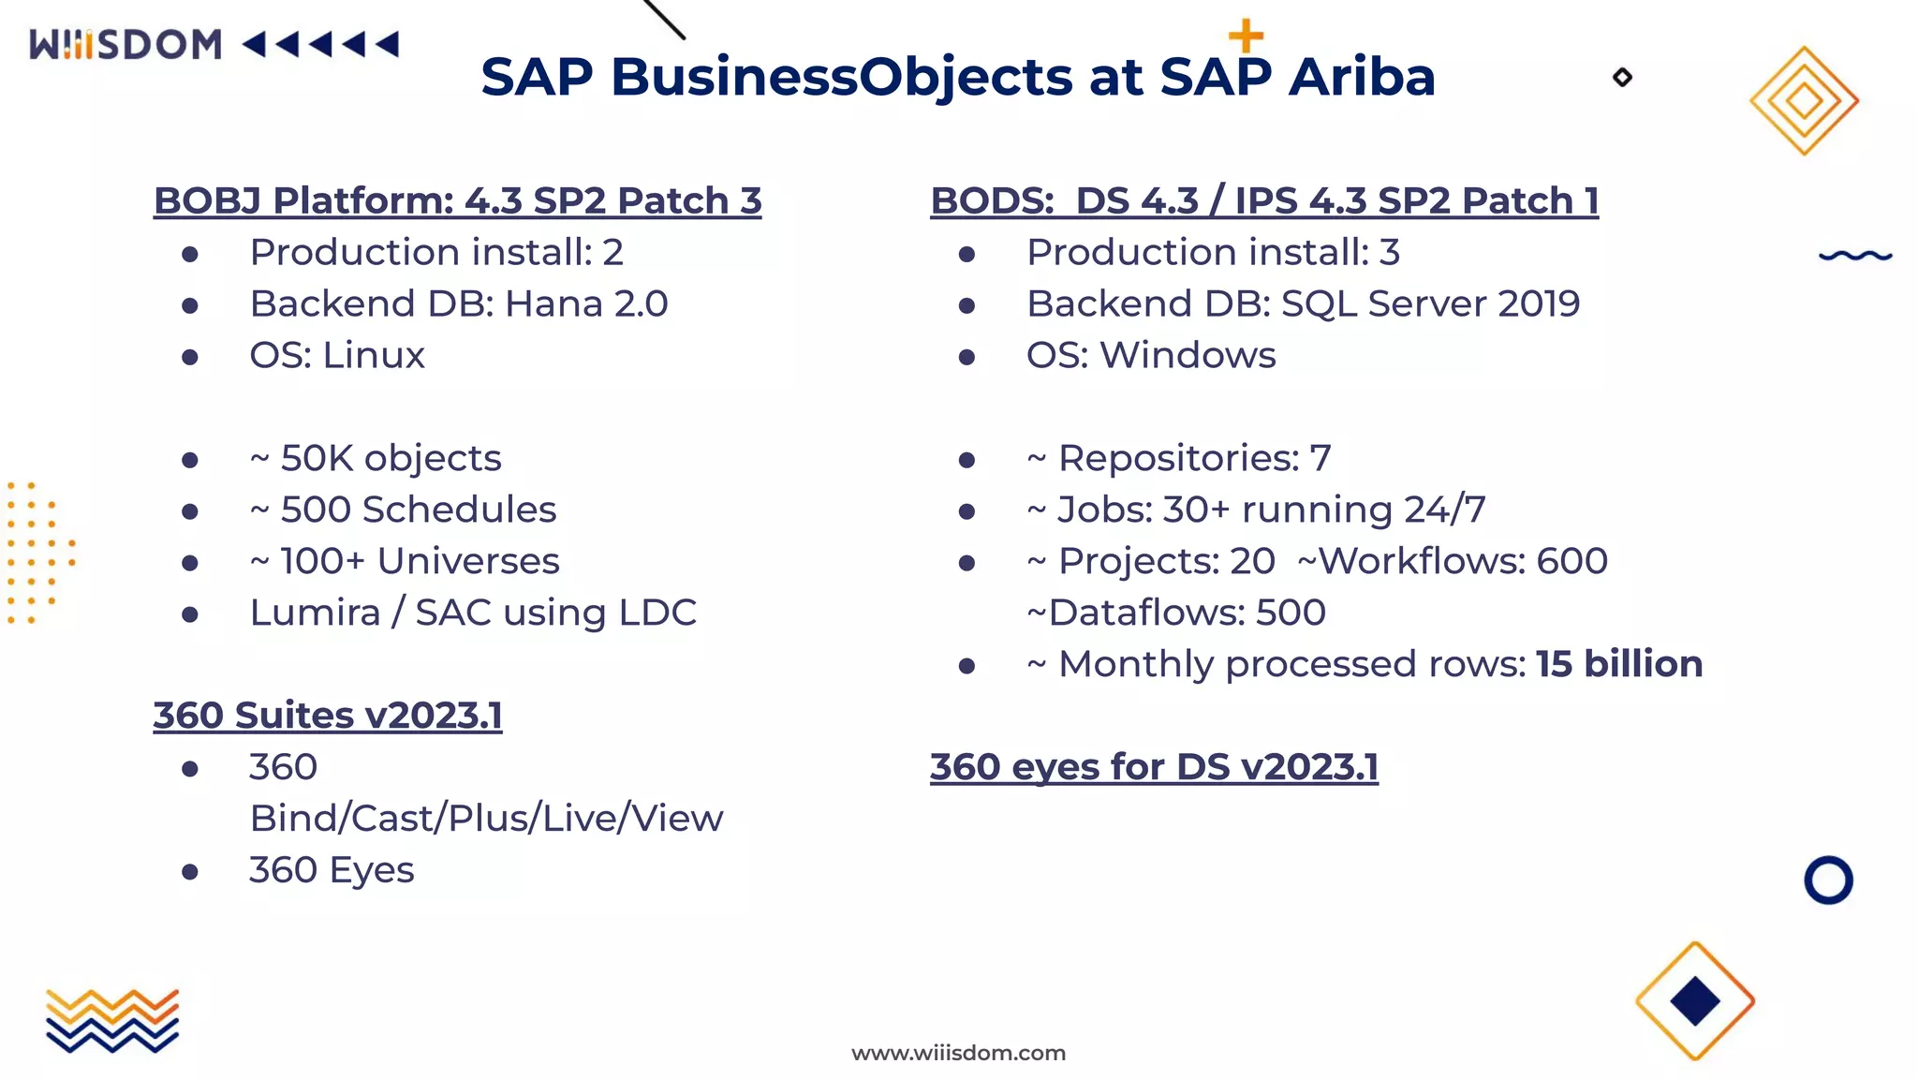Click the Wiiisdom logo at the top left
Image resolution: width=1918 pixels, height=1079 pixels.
125,44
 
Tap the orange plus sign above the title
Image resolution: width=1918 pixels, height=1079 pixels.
1246,37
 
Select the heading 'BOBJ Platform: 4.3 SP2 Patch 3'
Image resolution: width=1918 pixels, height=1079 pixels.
457,200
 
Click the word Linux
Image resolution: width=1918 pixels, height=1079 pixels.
374,355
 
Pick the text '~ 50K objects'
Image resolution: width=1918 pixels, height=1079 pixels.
376,458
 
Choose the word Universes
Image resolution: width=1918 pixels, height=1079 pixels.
467,561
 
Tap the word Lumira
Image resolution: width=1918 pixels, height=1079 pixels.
315,613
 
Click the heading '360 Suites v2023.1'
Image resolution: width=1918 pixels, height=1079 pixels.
328,716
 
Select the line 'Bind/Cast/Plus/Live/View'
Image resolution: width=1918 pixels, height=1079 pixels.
486,819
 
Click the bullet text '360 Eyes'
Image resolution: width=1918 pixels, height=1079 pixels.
332,870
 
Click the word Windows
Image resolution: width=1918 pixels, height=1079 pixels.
1187,355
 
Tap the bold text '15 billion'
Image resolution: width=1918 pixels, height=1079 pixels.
1618,664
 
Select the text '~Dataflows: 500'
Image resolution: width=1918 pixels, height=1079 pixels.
1176,613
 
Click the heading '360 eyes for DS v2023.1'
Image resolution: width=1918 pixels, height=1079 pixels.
1154,767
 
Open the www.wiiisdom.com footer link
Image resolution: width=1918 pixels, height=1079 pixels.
958,1053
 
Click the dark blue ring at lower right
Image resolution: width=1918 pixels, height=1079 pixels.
1828,880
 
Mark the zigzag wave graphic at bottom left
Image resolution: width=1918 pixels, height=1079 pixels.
112,1020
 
